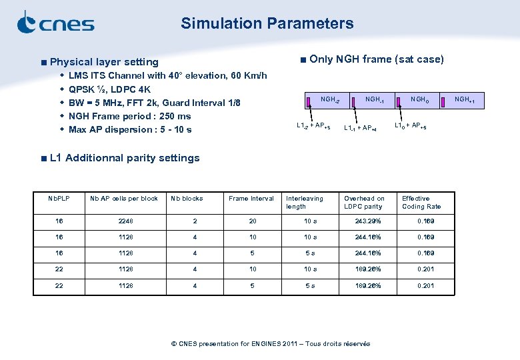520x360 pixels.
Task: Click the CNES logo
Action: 55,23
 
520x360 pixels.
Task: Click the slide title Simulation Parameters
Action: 267,23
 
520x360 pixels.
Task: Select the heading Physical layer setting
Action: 104,62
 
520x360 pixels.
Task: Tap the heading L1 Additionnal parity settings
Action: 124,158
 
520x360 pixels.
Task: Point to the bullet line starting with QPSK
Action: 109,89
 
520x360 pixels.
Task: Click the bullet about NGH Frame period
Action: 129,116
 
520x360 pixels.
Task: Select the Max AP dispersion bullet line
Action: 129,129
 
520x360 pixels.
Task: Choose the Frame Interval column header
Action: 251,199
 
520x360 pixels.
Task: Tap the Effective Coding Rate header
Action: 421,202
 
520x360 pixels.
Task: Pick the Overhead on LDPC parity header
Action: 364,202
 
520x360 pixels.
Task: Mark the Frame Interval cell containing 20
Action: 252,221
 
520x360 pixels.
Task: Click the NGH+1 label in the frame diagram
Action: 465,100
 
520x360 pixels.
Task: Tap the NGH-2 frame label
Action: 330,100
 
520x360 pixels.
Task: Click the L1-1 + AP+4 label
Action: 360,128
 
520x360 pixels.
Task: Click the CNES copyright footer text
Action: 271,344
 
